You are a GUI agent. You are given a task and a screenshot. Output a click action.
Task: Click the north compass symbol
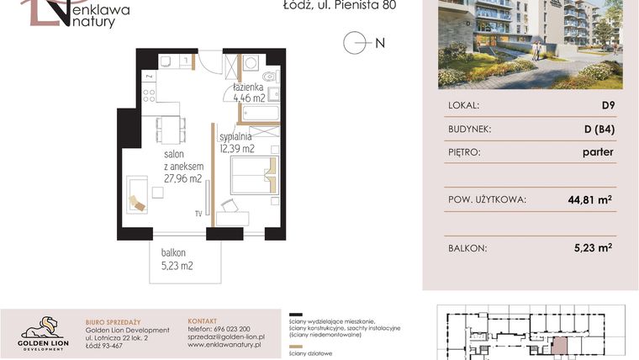pos(356,43)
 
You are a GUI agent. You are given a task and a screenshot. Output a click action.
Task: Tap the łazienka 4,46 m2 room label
pos(250,93)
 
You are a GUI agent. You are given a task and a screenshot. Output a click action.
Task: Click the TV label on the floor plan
pos(199,213)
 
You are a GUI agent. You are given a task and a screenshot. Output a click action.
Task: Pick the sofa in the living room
pos(137,194)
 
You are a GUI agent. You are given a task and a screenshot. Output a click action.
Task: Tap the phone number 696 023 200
pos(230,329)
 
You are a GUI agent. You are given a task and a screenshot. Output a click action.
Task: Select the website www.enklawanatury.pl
pos(224,345)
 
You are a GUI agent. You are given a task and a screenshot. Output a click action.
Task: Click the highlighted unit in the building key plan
pos(558,346)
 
